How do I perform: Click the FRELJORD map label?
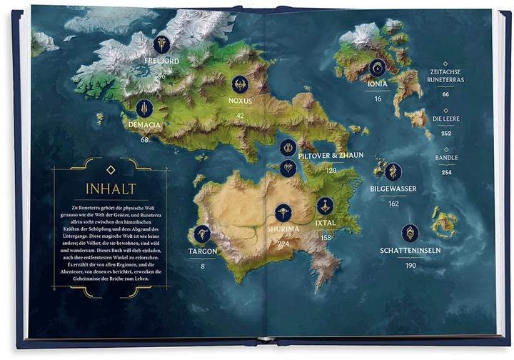(162, 61)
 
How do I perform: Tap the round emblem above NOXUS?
(241, 84)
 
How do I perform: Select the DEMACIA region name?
(145, 125)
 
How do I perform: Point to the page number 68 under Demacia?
(145, 139)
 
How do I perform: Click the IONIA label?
(378, 84)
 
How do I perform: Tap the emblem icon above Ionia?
(378, 67)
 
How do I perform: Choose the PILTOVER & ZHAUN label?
(331, 156)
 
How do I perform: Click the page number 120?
(331, 171)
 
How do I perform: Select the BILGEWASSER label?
(393, 189)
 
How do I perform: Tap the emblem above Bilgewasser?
(393, 171)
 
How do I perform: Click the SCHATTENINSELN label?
(410, 251)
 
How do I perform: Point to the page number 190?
(410, 266)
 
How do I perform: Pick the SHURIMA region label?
(284, 229)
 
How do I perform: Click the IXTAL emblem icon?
(326, 206)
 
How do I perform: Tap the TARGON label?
(203, 251)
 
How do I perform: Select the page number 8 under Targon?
(203, 266)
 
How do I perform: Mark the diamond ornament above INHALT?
(110, 169)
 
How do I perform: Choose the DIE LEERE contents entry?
(445, 119)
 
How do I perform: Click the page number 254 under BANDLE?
(445, 172)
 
